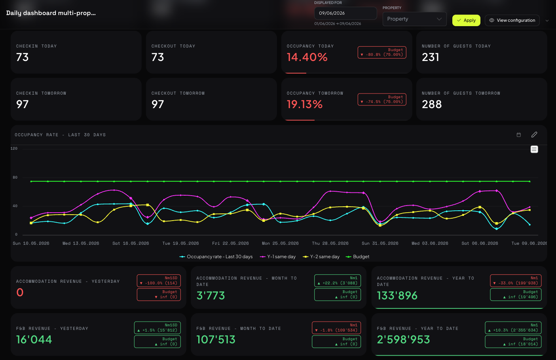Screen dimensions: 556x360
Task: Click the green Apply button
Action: [466, 20]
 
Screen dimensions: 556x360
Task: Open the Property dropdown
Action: [414, 19]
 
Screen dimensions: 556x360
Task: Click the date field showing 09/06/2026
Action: [345, 13]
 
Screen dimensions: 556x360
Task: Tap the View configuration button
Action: [512, 20]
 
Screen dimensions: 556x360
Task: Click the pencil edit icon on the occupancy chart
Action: [534, 135]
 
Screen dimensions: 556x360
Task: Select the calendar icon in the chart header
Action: [518, 135]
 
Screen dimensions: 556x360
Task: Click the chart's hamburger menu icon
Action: [534, 149]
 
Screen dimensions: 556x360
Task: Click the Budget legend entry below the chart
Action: [358, 257]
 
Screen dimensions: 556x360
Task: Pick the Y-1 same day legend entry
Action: [278, 257]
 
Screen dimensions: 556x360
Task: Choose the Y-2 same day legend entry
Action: [321, 257]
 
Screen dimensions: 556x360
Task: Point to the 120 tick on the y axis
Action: [14, 149]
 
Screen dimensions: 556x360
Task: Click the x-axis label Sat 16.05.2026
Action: [131, 244]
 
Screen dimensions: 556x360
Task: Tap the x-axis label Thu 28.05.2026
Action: [330, 244]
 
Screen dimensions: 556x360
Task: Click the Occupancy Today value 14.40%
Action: [307, 57]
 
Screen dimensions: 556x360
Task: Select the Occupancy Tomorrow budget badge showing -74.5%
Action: [382, 99]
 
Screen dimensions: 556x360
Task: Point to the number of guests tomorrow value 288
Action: [432, 104]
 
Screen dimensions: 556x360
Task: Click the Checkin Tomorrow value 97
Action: [22, 104]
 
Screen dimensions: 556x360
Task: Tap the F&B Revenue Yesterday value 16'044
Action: [34, 340]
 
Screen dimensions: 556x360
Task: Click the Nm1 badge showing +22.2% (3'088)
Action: [337, 280]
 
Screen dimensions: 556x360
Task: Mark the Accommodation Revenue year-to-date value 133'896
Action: [397, 296]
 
